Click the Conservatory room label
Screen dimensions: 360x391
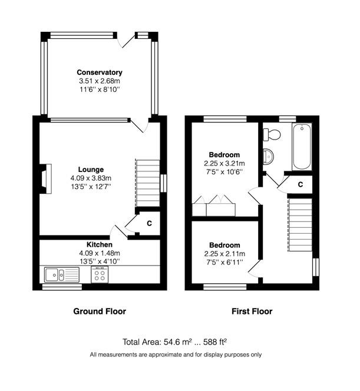pyautogui.click(x=100, y=72)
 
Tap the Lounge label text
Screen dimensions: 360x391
pyautogui.click(x=91, y=170)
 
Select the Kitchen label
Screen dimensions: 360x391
pyautogui.click(x=100, y=244)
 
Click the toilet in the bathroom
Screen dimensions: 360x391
pyautogui.click(x=272, y=134)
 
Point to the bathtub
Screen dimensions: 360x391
pyautogui.click(x=302, y=147)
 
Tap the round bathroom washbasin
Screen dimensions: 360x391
pyautogui.click(x=269, y=157)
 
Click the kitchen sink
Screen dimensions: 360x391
pyautogui.click(x=62, y=274)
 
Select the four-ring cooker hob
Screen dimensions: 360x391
pyautogui.click(x=100, y=274)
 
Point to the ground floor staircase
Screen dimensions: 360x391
pyautogui.click(x=147, y=183)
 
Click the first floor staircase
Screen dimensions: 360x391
pyautogui.click(x=300, y=225)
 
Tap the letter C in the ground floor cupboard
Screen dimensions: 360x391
pyautogui.click(x=149, y=223)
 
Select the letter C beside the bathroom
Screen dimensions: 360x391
pyautogui.click(x=300, y=184)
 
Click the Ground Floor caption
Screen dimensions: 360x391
pyautogui.click(x=100, y=311)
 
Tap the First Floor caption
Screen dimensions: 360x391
pyautogui.click(x=252, y=311)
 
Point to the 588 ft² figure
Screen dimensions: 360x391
pyautogui.click(x=215, y=342)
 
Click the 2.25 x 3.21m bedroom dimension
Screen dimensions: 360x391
pyautogui.click(x=224, y=164)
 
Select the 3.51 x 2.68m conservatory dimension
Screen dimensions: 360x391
pyautogui.click(x=100, y=81)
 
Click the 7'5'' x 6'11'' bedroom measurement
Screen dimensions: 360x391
pyautogui.click(x=224, y=262)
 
